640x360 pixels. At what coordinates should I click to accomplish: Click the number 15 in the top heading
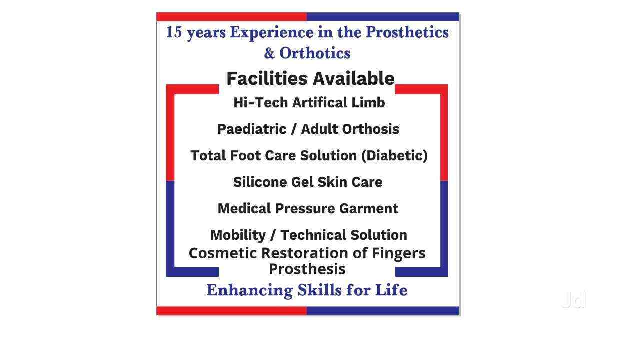point(174,32)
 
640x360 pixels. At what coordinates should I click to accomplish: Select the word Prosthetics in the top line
point(407,32)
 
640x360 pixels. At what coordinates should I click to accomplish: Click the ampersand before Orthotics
point(269,53)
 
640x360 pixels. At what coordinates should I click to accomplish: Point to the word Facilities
point(267,78)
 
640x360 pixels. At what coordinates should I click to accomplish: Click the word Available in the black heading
point(353,78)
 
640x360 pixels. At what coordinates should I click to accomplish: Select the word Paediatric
point(252,129)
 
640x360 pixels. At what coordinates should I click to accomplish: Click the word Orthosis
point(371,129)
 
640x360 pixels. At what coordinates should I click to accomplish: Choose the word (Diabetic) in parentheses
point(394,156)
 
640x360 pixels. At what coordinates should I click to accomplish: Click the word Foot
point(245,156)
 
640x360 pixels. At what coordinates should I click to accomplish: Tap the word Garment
point(369,209)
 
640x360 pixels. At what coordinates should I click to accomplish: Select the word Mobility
point(238,235)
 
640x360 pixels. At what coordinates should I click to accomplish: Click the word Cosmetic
point(223,253)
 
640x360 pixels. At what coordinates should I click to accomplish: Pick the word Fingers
point(398,254)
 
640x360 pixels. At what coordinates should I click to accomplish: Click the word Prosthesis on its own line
point(307,269)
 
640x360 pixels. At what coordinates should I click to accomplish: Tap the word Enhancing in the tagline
point(250,290)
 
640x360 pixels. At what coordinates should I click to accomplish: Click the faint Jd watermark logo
point(573,299)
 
